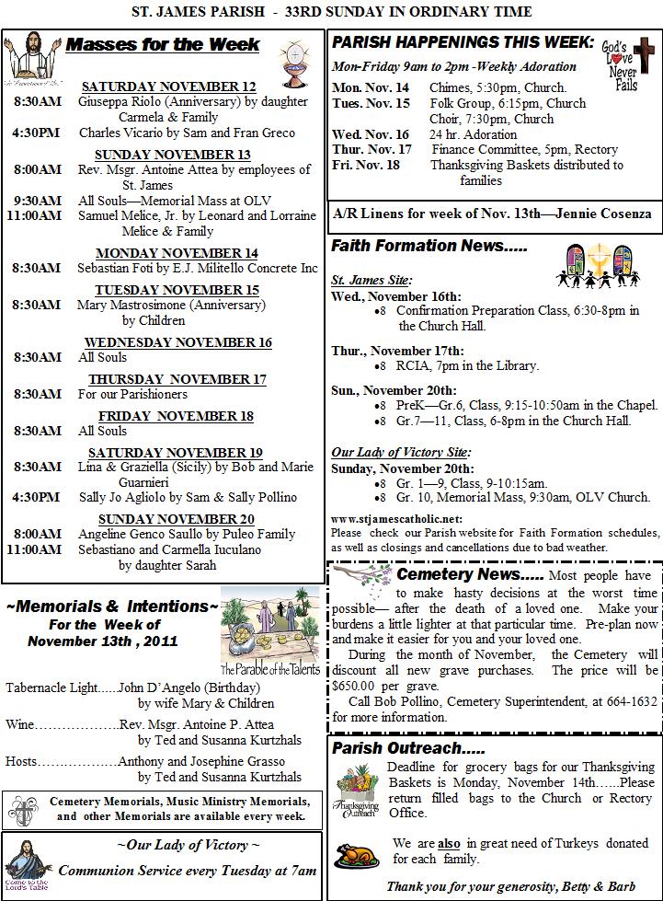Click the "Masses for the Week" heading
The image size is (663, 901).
(x=164, y=45)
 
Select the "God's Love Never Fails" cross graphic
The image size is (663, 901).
(x=633, y=64)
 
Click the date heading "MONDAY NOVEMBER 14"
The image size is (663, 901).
(x=177, y=253)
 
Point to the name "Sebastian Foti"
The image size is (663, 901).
(x=119, y=268)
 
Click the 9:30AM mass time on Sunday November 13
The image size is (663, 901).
(x=38, y=200)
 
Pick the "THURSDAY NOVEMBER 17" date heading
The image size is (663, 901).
(x=177, y=379)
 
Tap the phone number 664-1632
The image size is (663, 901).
(x=634, y=701)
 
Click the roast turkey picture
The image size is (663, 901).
(x=356, y=858)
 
